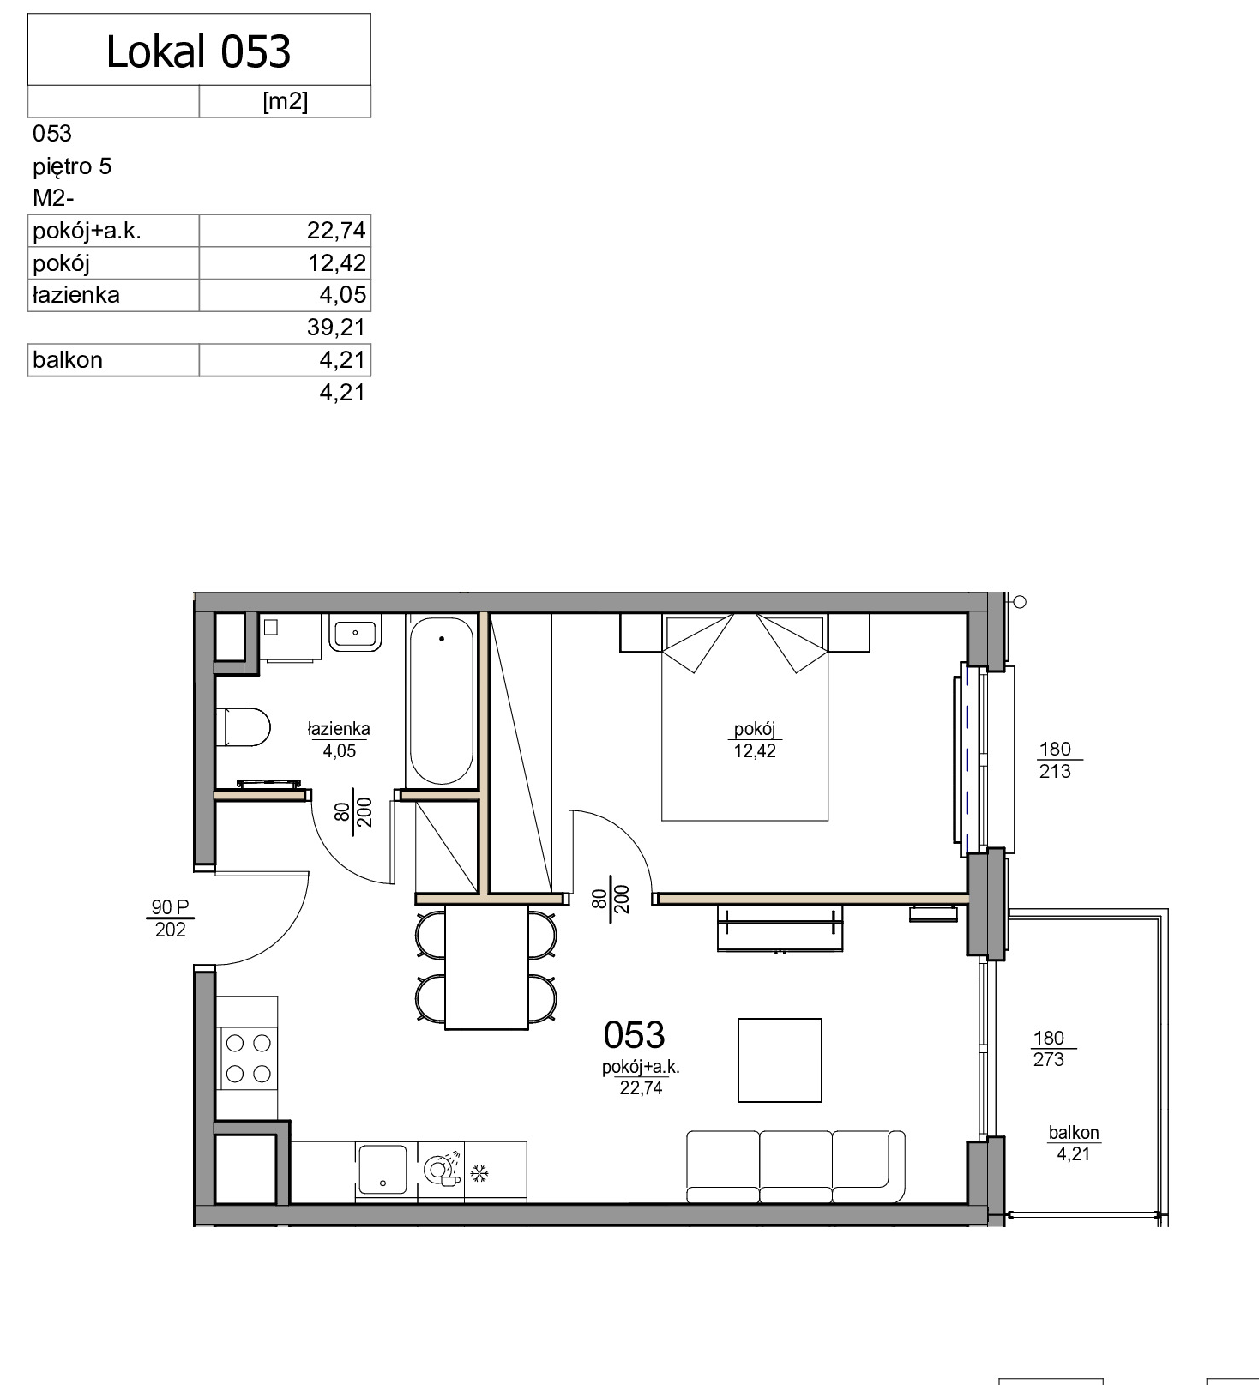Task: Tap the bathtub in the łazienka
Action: tap(441, 701)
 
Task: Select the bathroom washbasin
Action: tap(356, 635)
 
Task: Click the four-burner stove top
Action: tap(247, 1058)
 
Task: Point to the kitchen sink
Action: tap(383, 1169)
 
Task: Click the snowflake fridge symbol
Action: tap(479, 1171)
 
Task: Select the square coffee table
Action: tap(780, 1060)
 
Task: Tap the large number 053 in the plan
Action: tap(634, 1035)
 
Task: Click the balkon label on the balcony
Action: tap(1074, 1132)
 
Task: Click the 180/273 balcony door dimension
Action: tap(1049, 1049)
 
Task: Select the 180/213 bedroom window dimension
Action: tap(1055, 760)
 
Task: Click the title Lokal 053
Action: tap(199, 51)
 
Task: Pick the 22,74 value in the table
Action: tap(336, 231)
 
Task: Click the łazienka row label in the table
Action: tap(76, 295)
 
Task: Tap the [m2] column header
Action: tap(285, 101)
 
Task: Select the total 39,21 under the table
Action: tap(336, 327)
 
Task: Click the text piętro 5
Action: tap(72, 166)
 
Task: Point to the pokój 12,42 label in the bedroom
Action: tap(755, 740)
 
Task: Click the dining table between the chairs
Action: tap(486, 967)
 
